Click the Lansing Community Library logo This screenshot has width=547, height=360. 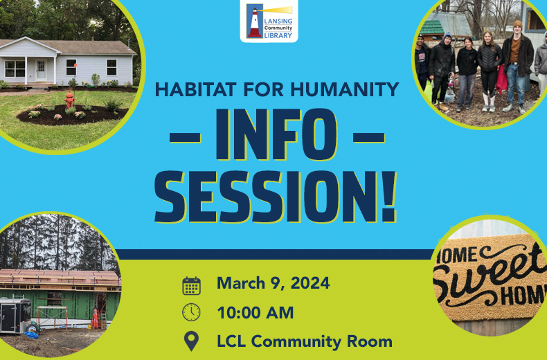click(269, 21)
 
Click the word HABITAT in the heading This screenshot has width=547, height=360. click(195, 90)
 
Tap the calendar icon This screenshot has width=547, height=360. click(191, 285)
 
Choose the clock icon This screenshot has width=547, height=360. click(191, 313)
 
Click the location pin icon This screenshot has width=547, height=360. click(191, 341)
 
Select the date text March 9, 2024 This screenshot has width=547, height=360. click(273, 283)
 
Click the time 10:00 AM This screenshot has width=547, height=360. click(255, 312)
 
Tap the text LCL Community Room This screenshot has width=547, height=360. click(305, 341)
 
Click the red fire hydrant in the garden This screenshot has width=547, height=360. click(69, 100)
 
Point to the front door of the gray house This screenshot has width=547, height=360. click(41, 69)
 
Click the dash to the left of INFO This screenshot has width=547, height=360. click(184, 136)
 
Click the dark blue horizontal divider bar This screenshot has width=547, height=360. click(277, 254)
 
